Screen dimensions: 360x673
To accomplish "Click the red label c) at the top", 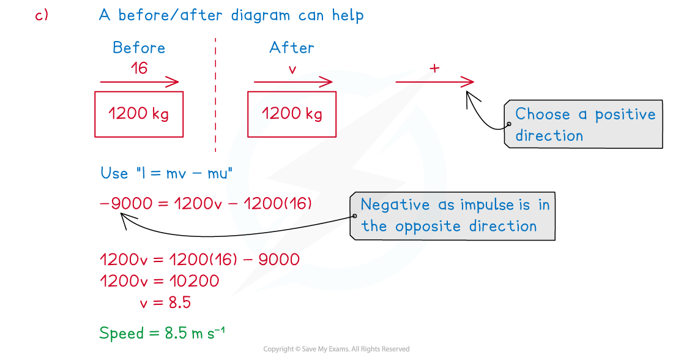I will point(42,16).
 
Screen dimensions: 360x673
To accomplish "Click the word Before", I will point(139,48).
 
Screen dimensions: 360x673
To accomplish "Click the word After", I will point(292,48).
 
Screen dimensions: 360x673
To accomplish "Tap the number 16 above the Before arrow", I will point(139,68).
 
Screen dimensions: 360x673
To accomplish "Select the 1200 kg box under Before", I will point(139,114).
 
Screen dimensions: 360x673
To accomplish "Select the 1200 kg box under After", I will point(292,114).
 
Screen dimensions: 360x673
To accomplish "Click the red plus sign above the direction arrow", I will point(434,69).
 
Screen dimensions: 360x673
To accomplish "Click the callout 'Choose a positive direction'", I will point(584,124).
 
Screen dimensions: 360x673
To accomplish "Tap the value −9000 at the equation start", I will point(125,203).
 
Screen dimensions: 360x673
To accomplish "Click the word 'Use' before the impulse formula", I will point(114,173).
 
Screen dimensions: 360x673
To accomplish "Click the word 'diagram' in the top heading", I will point(261,15).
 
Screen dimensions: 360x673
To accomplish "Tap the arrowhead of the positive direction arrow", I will point(470,82).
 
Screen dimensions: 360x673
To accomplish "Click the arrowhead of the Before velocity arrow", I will point(175,82).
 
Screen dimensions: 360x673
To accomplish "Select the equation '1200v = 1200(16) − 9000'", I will point(199,260).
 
